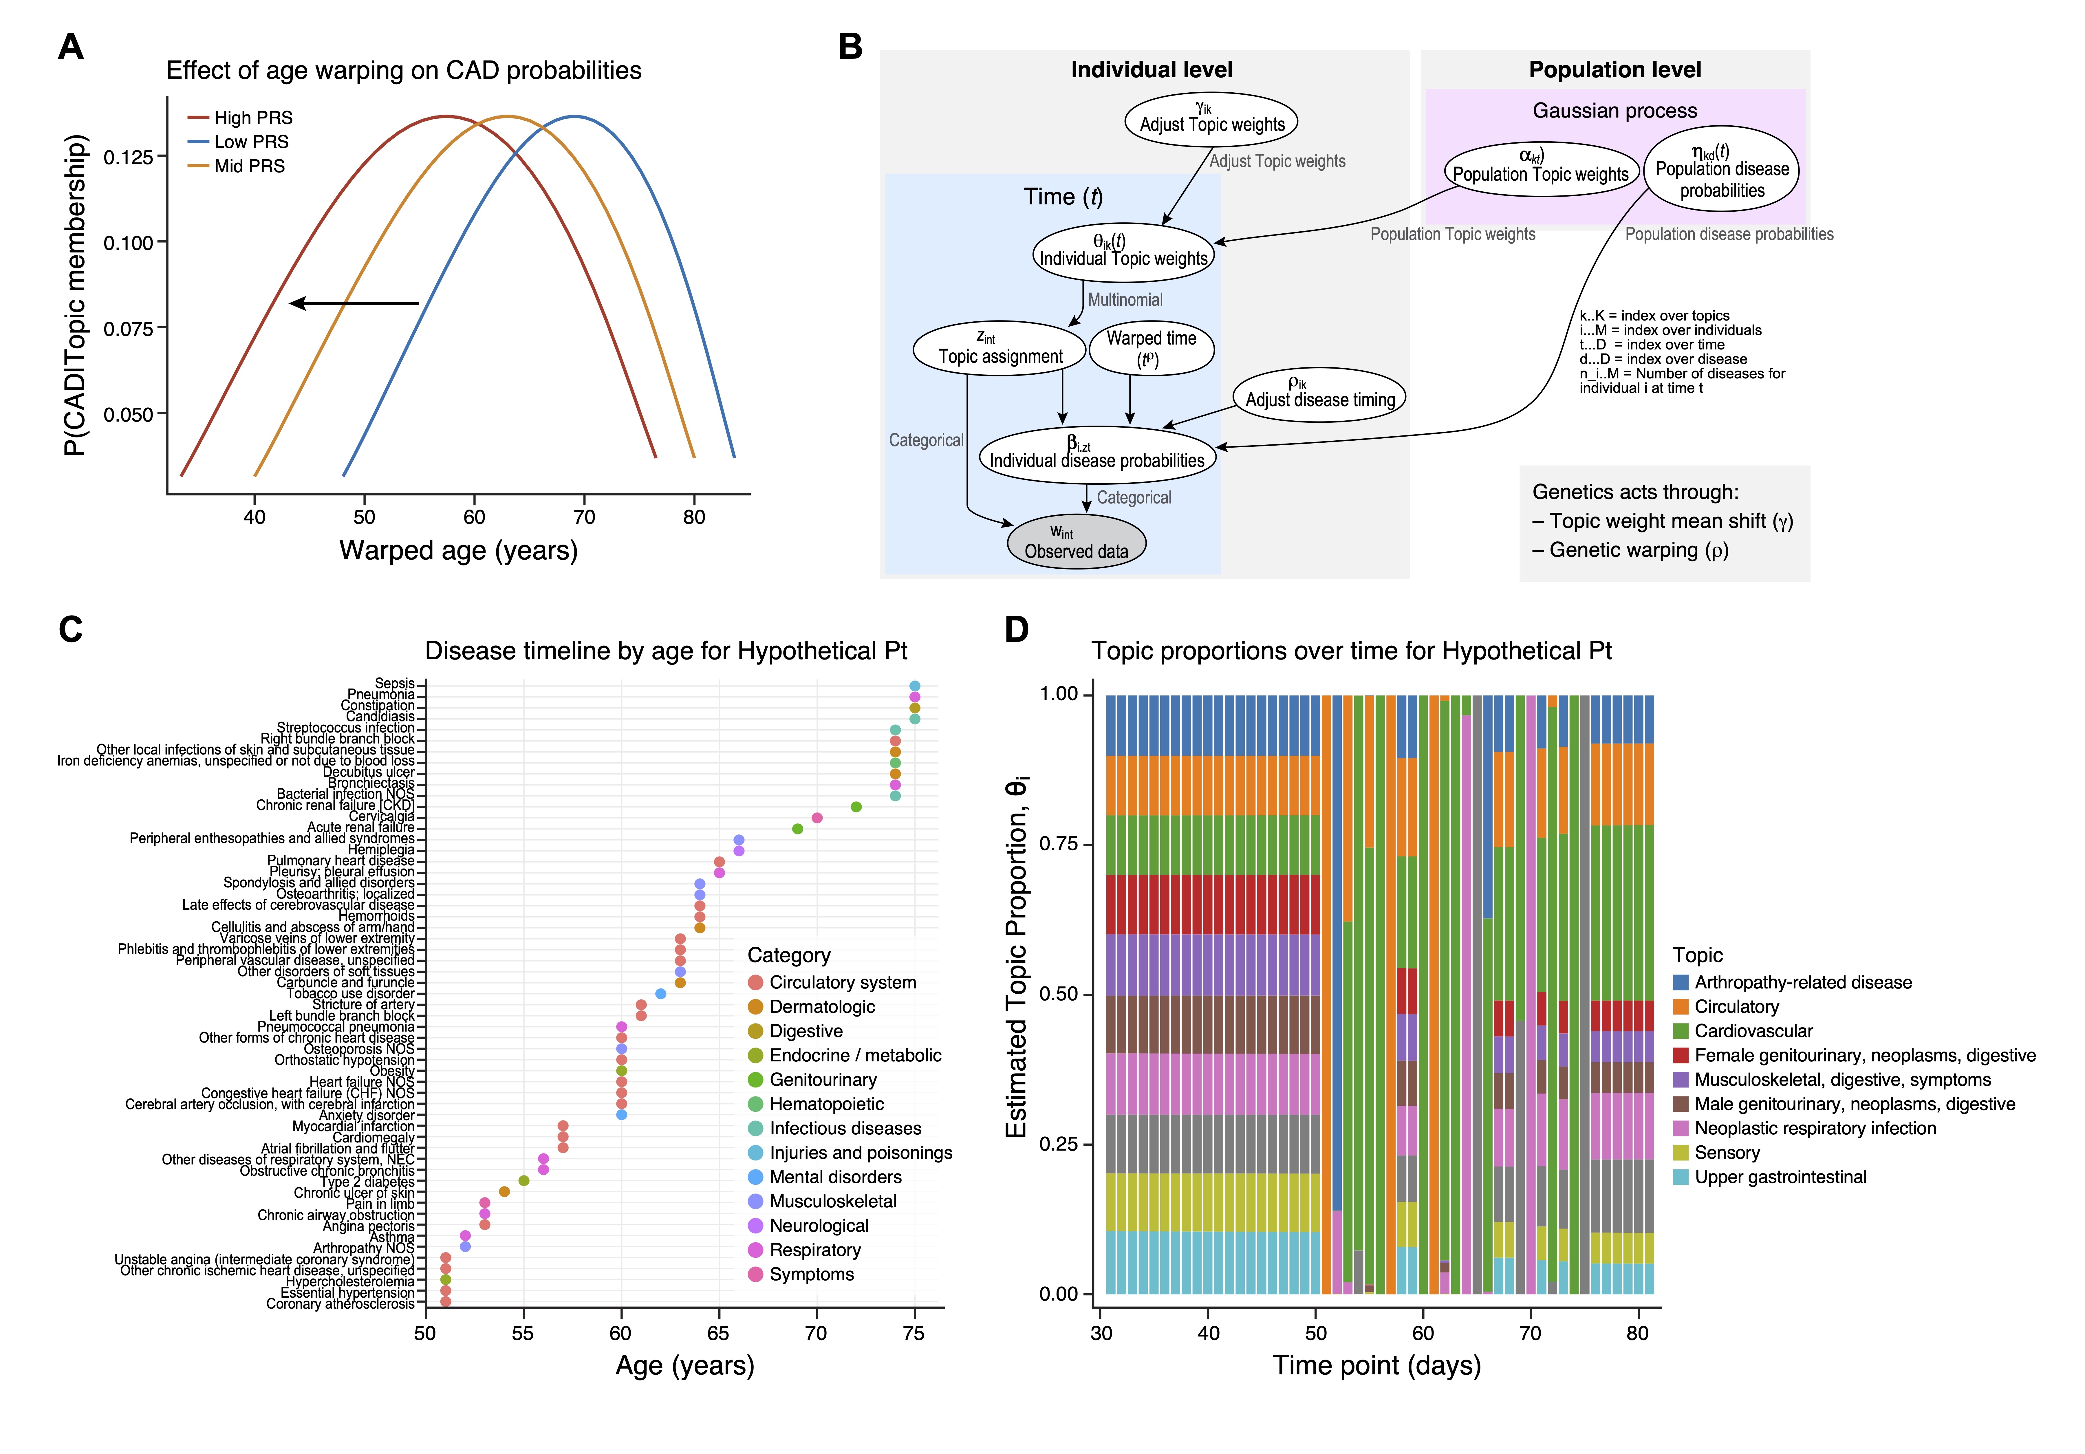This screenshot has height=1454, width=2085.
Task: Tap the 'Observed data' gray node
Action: [x=1076, y=542]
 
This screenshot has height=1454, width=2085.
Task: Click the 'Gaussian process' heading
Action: [x=1614, y=111]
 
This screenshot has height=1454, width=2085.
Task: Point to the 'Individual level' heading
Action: [x=1152, y=70]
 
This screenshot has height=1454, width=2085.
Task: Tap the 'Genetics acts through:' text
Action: [x=1634, y=492]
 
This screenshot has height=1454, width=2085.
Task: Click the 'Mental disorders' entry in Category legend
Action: [x=835, y=1177]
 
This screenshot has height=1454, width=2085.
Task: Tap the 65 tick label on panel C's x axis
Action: [x=718, y=1333]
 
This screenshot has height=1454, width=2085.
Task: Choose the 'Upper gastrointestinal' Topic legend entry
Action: [x=1780, y=1177]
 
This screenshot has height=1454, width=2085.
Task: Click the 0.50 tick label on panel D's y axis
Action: [x=1059, y=995]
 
